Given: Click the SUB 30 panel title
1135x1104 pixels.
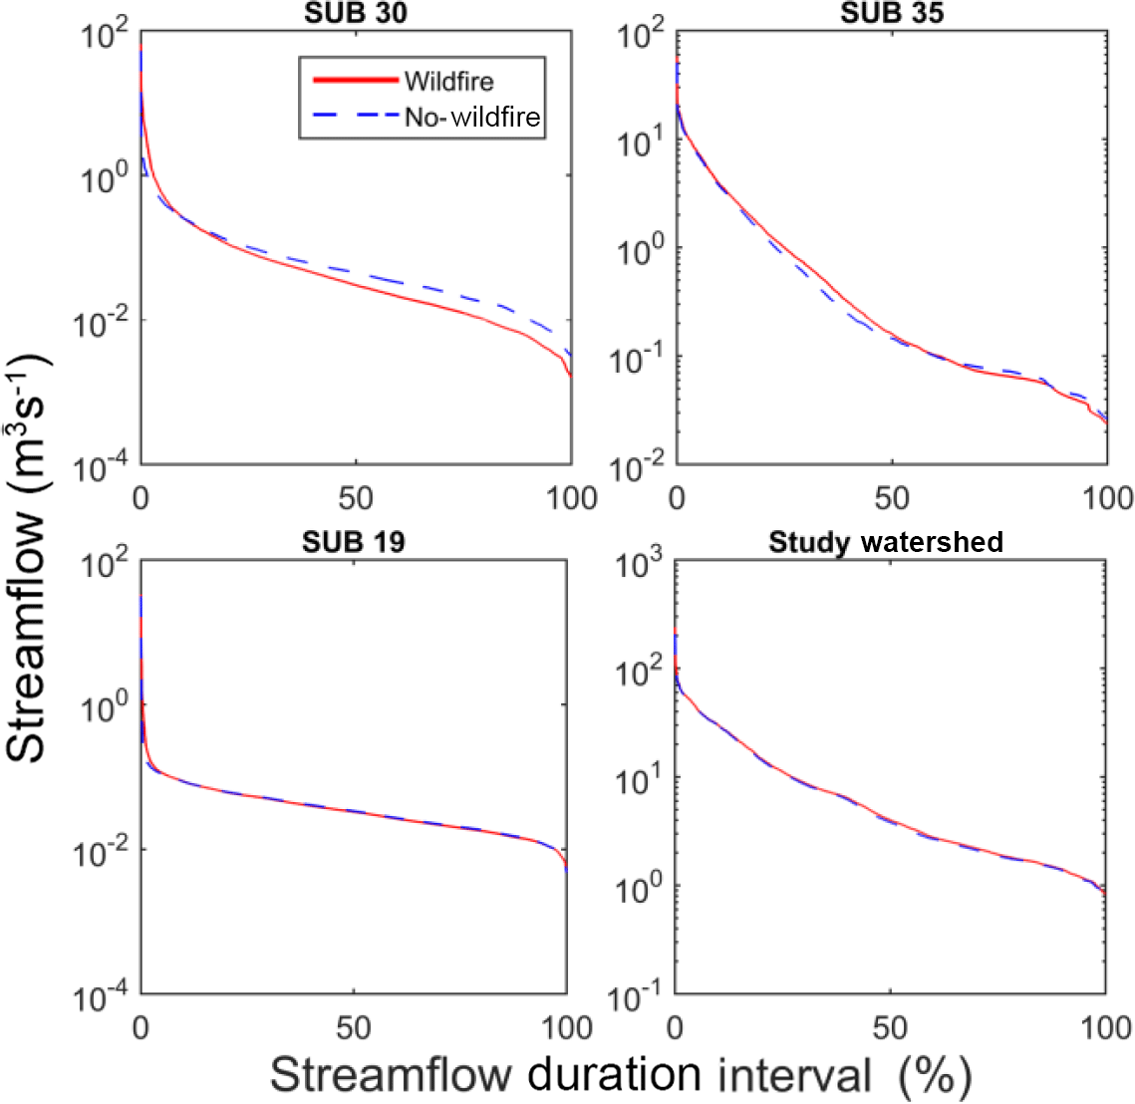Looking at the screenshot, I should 355,15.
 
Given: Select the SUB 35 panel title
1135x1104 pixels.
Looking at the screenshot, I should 892,13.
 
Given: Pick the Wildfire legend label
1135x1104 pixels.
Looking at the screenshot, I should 448,81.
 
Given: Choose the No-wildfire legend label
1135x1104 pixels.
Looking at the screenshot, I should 472,118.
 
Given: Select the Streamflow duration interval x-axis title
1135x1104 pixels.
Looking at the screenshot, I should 620,1075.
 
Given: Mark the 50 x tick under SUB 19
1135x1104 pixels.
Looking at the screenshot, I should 354,1026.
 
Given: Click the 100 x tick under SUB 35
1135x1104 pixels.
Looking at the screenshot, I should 1107,497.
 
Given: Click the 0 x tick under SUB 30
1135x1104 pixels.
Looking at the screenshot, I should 141,497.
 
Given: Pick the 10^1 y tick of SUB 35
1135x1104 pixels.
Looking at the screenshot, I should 642,144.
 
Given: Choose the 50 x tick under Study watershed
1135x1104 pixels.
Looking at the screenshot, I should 891,1026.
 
